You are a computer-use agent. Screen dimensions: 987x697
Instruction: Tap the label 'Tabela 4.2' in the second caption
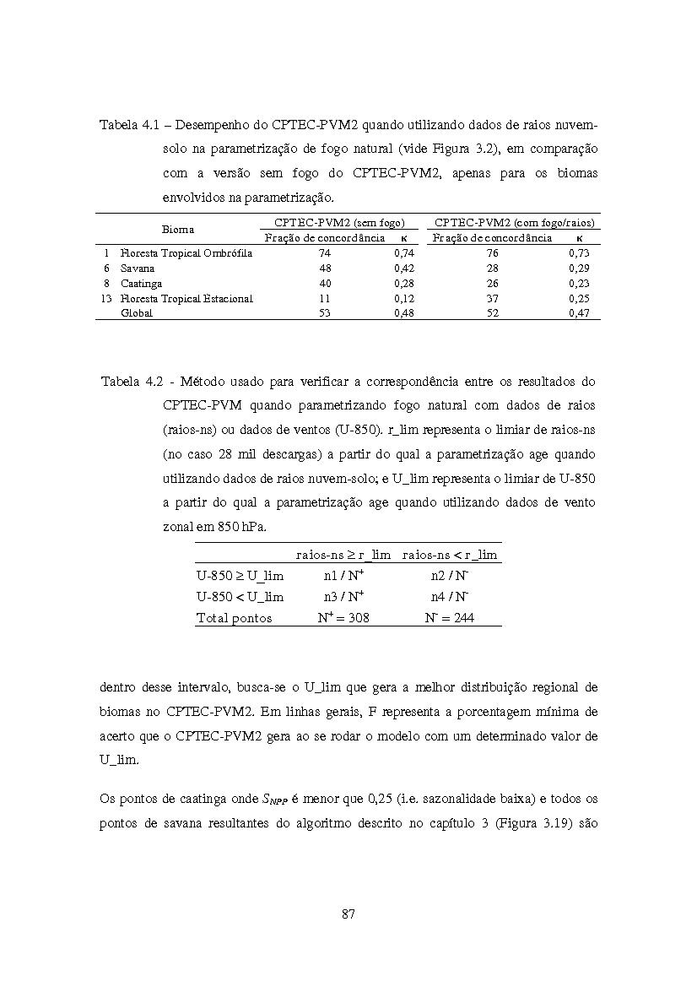click(x=131, y=381)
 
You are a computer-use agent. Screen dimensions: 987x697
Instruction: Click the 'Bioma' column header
click(x=178, y=229)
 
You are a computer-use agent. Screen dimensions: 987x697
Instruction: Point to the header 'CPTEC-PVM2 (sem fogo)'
click(x=339, y=223)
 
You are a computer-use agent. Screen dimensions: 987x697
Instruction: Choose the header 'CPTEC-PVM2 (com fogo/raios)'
click(x=515, y=223)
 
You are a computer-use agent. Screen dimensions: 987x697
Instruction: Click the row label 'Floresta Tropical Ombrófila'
click(x=186, y=253)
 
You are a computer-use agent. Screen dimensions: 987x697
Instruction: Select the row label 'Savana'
click(x=138, y=268)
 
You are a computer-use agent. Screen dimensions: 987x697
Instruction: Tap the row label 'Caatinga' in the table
click(x=141, y=284)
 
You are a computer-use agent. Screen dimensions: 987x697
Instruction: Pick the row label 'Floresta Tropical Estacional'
click(x=186, y=298)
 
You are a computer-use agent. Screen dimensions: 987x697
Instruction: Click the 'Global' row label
click(x=137, y=313)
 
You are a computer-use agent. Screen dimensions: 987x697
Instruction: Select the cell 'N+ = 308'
click(x=343, y=617)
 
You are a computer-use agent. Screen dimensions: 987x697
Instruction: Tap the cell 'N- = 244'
click(x=449, y=617)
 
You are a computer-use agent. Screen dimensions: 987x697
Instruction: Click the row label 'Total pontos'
click(x=234, y=618)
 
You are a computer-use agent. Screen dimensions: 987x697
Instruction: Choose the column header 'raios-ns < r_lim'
click(x=450, y=555)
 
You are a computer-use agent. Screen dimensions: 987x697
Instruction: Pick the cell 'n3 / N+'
click(x=343, y=596)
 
